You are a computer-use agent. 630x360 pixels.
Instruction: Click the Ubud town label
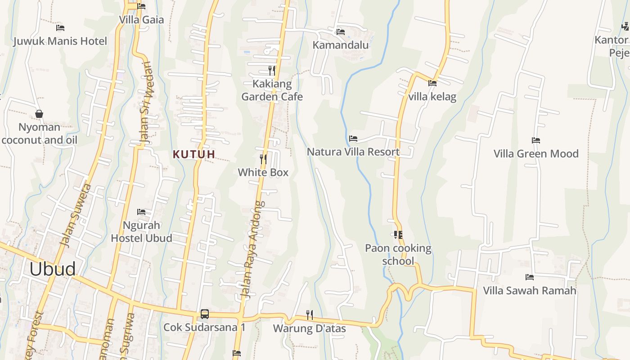(53, 269)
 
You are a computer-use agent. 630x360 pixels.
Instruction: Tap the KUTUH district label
(194, 154)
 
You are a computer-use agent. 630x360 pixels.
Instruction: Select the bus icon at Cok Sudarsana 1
(204, 314)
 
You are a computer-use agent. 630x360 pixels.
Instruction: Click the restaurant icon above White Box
(263, 159)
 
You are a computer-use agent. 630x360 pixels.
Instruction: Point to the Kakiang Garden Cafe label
(272, 90)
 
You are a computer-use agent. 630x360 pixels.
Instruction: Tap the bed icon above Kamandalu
(341, 32)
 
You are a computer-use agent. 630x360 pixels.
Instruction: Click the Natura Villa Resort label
(353, 152)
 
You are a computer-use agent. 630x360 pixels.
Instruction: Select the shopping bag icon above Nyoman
(39, 114)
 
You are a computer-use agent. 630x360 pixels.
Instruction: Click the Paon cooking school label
(398, 254)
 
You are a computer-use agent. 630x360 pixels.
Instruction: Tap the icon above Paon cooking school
(398, 235)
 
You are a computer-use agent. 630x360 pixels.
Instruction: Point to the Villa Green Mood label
(536, 153)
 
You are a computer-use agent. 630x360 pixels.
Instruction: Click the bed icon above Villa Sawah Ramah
(530, 277)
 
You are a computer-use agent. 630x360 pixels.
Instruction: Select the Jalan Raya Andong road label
(252, 250)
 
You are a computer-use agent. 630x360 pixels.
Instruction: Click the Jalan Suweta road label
(76, 215)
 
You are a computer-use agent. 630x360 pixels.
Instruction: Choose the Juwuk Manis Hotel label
(60, 41)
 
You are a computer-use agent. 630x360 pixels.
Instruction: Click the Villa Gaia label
(141, 20)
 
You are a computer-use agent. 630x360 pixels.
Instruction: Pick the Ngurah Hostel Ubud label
(141, 231)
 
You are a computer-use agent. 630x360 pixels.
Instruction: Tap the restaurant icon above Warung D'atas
(310, 315)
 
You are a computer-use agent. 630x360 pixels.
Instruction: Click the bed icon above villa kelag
(432, 83)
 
